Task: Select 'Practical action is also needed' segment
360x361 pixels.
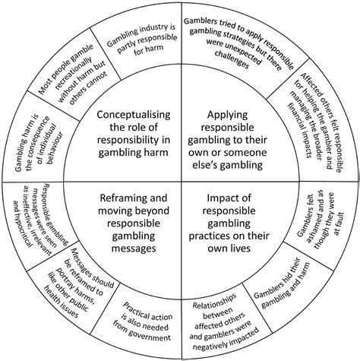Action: tap(144, 319)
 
